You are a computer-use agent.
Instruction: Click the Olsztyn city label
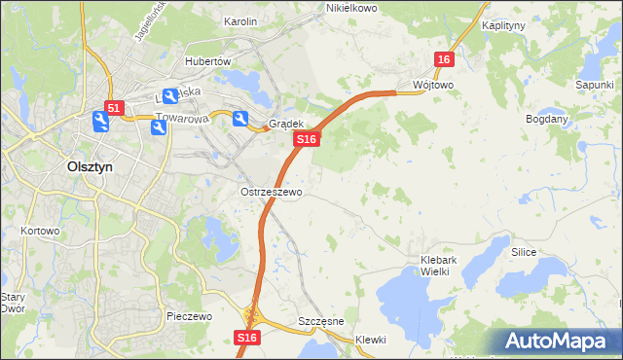90,166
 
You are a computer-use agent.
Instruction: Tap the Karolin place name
240,20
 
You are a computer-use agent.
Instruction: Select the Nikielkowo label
351,8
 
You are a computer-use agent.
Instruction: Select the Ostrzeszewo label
271,193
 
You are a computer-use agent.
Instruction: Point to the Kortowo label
40,232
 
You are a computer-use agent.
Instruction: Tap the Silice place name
524,252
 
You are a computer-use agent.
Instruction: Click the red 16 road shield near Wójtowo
444,60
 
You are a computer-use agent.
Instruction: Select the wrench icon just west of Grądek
239,119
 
